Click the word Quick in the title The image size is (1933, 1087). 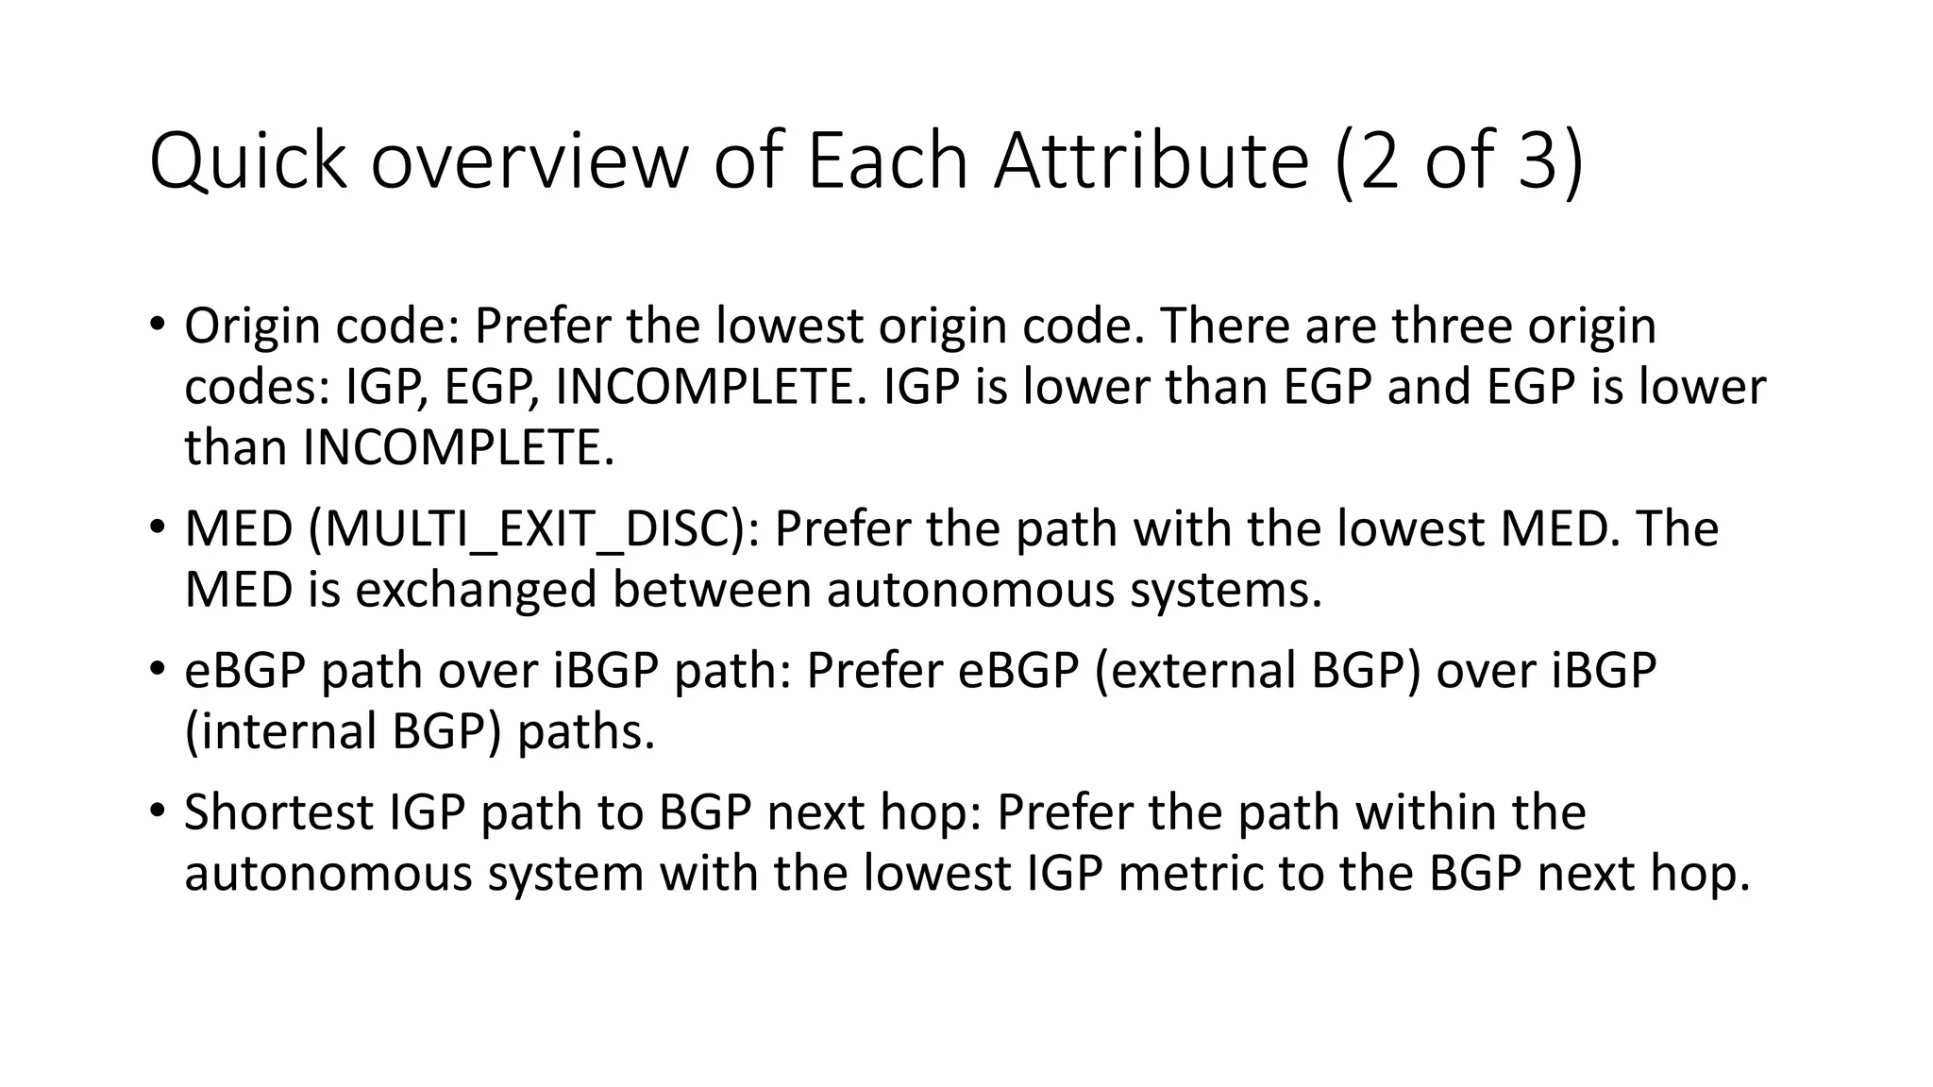tap(247, 162)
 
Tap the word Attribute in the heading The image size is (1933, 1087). tap(1151, 160)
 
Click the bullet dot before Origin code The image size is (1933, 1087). tap(157, 325)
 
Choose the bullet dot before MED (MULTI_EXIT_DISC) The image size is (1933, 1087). tap(157, 528)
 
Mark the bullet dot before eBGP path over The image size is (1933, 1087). tap(157, 670)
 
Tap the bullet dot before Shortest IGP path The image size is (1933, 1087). tap(157, 811)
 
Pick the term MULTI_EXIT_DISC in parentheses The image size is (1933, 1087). tap(533, 529)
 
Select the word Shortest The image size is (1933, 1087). tap(278, 812)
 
